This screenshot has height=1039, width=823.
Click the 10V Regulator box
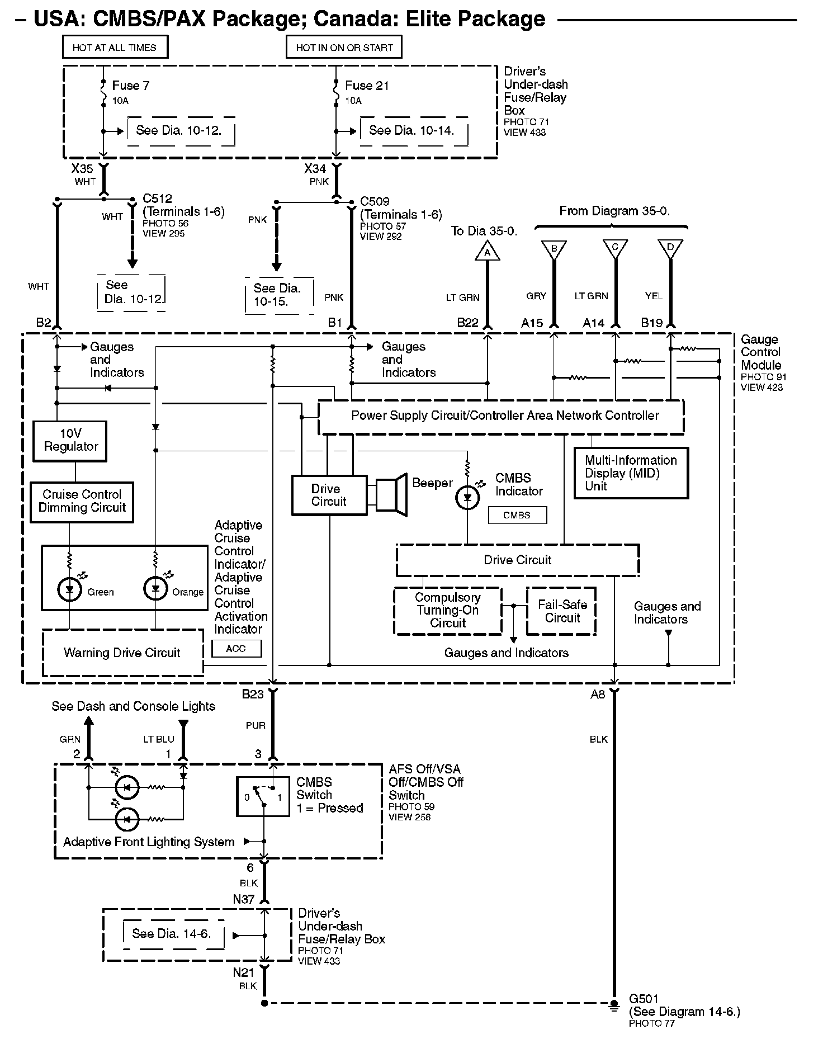(70, 441)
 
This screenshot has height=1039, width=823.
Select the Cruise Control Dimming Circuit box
(82, 502)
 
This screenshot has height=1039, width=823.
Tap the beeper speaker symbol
(391, 495)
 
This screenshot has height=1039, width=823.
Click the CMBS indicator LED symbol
(467, 498)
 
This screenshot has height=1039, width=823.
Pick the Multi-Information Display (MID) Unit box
(631, 473)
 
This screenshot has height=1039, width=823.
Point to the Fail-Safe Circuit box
(561, 611)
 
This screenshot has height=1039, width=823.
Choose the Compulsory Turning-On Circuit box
(448, 611)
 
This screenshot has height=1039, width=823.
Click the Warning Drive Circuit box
(122, 653)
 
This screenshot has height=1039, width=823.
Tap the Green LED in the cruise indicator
(69, 589)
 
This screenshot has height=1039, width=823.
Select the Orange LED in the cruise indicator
(155, 589)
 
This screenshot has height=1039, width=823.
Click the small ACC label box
(237, 649)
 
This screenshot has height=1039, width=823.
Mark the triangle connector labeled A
(488, 252)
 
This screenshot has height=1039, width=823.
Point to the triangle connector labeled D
(670, 249)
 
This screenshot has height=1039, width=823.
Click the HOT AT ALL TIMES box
(115, 48)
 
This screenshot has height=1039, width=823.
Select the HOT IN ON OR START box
(344, 48)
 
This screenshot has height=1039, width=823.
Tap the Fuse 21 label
(367, 86)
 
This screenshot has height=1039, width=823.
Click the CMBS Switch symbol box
(263, 796)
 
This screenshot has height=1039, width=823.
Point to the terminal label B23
(253, 694)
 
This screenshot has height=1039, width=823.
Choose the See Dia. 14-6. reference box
(173, 934)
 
